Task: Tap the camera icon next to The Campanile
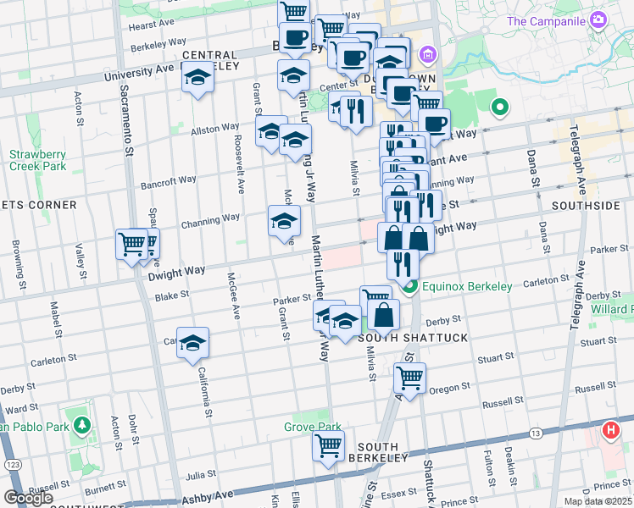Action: (x=598, y=19)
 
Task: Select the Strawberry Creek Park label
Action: (x=37, y=160)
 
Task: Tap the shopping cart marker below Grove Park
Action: (x=328, y=445)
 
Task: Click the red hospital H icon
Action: (x=610, y=431)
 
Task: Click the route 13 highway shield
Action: (x=536, y=433)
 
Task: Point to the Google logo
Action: (x=27, y=497)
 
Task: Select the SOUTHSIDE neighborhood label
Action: (x=585, y=206)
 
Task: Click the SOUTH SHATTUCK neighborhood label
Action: (x=401, y=338)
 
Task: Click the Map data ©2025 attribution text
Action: (x=598, y=501)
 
